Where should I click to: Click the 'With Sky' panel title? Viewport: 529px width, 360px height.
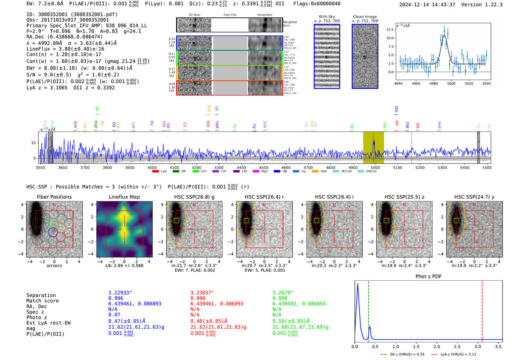[x=326, y=17]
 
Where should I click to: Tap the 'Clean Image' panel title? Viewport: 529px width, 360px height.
[x=365, y=17]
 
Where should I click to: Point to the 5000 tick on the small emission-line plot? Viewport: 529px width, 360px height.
[x=451, y=83]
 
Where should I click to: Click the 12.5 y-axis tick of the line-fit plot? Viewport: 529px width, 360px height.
[x=390, y=29]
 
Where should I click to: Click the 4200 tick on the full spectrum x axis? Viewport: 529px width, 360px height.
[x=196, y=167]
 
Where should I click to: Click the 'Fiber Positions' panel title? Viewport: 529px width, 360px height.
[x=54, y=197]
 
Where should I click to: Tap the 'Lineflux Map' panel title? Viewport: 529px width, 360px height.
[x=124, y=197]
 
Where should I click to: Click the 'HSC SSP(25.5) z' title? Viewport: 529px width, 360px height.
[x=404, y=197]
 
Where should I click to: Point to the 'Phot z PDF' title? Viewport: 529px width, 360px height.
[x=428, y=277]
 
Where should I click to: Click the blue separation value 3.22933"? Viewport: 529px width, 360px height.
[x=120, y=293]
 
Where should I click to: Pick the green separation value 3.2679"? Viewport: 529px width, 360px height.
[x=283, y=293]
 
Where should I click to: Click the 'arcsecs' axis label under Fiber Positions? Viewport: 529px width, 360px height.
[x=54, y=266]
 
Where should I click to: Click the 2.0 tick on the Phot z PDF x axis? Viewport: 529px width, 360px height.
[x=437, y=346]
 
